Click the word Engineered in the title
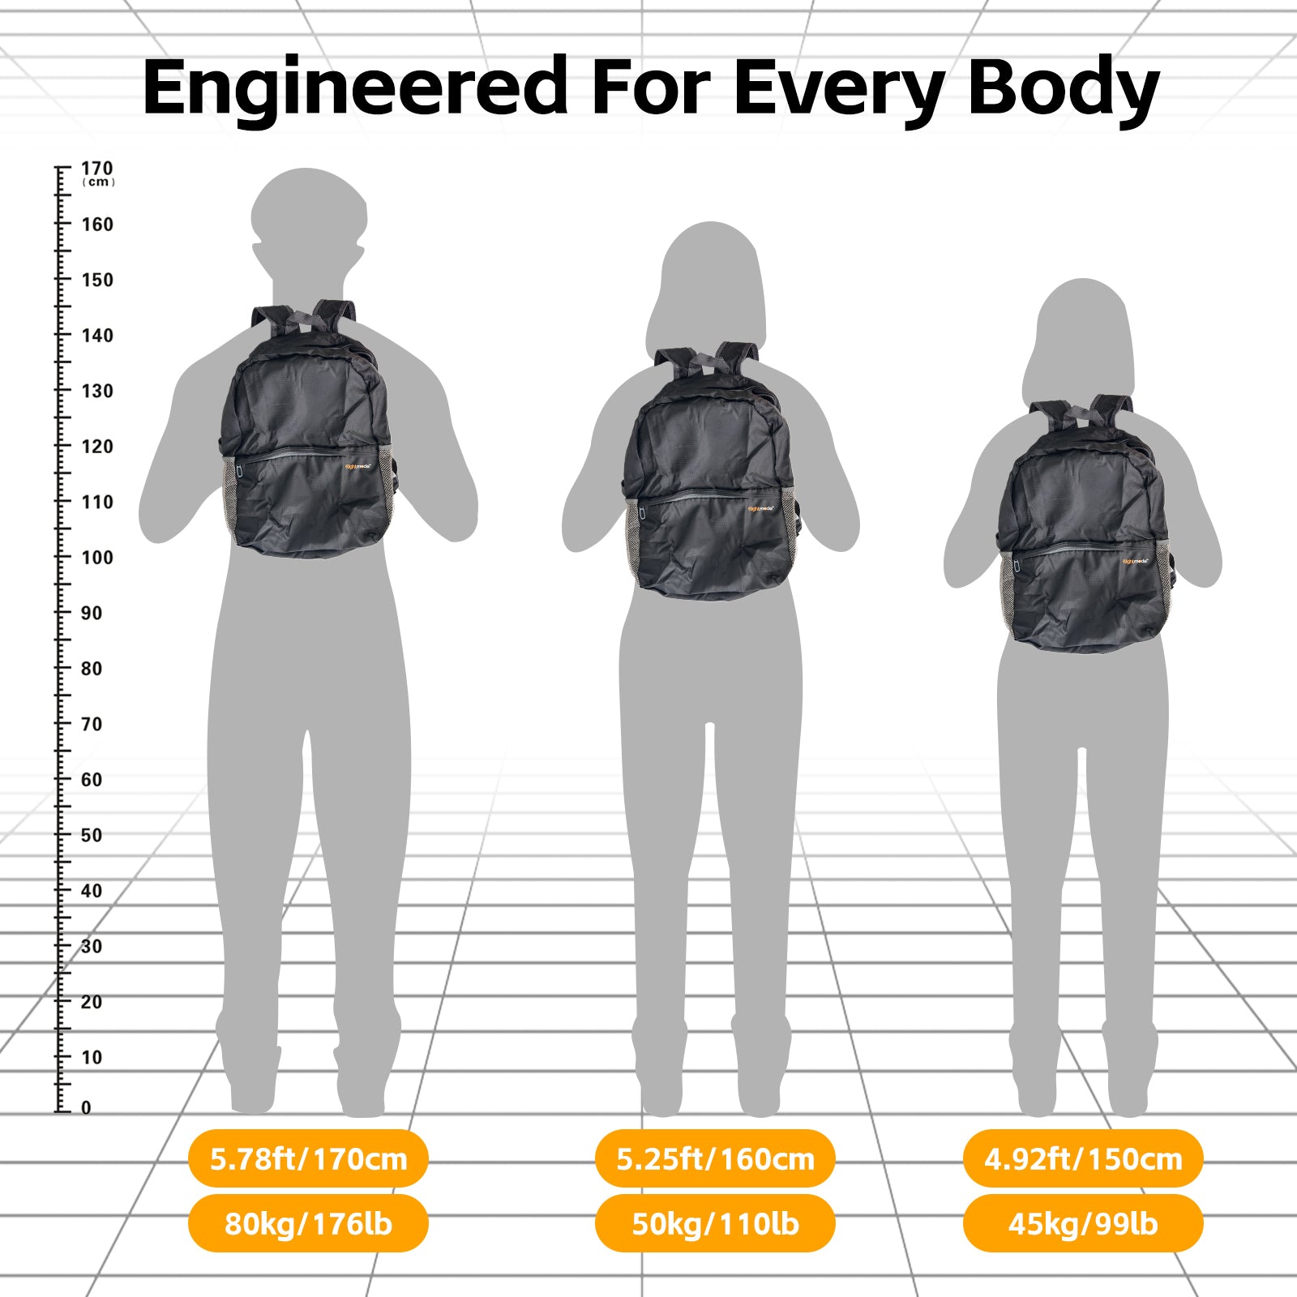click(x=355, y=88)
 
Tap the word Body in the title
click(x=1064, y=88)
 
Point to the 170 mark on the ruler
click(x=97, y=168)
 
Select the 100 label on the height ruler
click(x=97, y=558)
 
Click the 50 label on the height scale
click(x=92, y=835)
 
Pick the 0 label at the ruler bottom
click(x=86, y=1108)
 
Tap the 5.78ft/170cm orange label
click(x=308, y=1158)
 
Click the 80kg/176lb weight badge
click(x=308, y=1223)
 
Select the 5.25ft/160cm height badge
click(x=715, y=1158)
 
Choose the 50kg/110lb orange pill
click(x=715, y=1223)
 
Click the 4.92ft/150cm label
click(x=1083, y=1158)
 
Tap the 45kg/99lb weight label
click(x=1083, y=1223)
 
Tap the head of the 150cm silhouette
click(x=1084, y=324)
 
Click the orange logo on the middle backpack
click(x=760, y=509)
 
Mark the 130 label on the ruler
click(x=97, y=391)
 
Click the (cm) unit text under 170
click(x=98, y=182)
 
